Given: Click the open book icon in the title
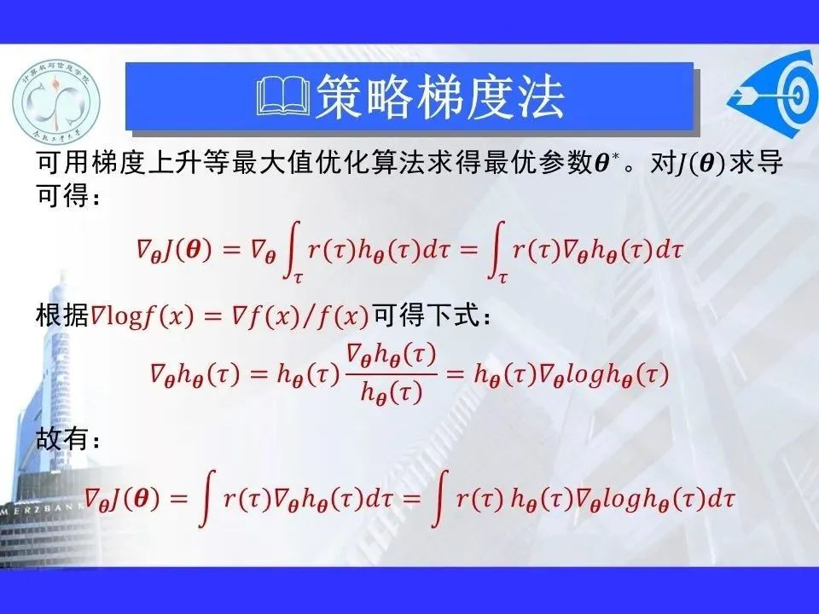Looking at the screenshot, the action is pos(283,96).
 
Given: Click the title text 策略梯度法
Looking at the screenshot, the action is pos(440,96).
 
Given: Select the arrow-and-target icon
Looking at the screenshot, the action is pos(774,95).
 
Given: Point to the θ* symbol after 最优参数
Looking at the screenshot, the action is pos(606,162).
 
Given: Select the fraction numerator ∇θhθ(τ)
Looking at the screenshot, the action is pos(392,356).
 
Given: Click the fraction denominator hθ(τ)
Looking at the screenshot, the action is pos(392,391).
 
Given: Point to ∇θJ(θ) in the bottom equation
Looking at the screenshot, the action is pos(123,499).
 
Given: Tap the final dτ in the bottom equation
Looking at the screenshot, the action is pos(722,499).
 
